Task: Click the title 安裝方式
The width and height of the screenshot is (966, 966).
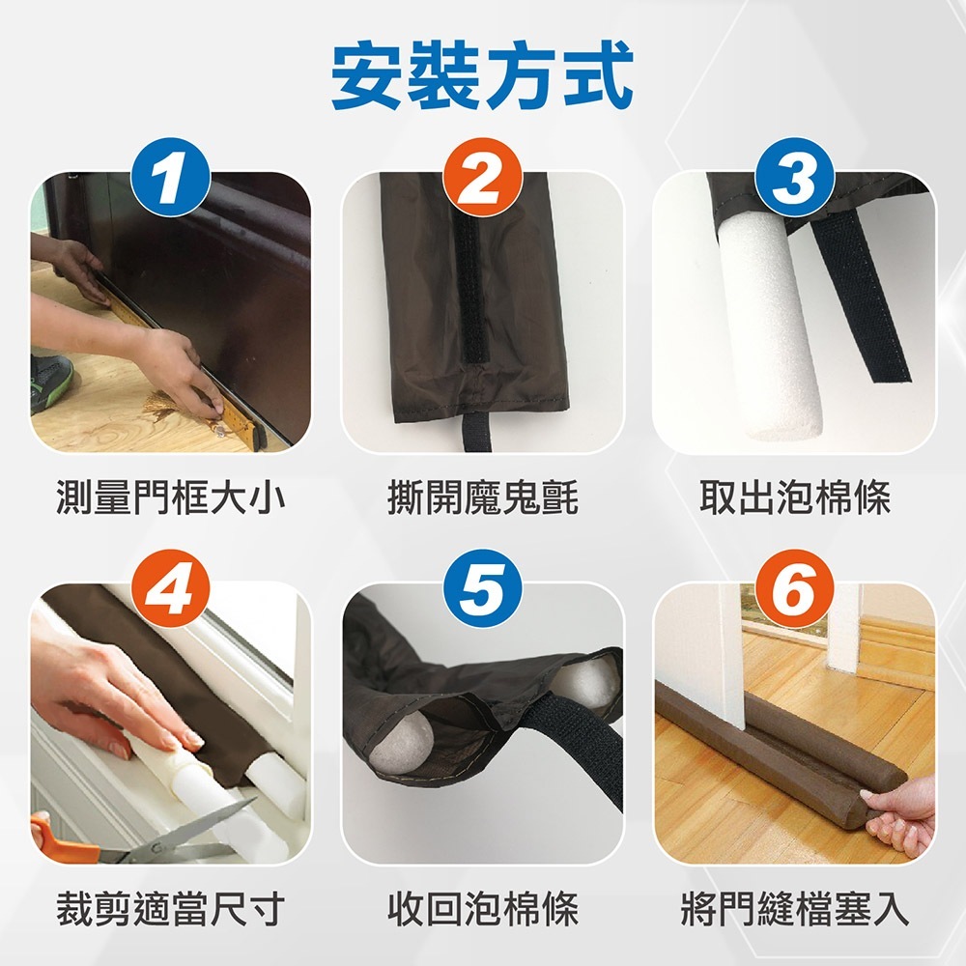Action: click(482, 74)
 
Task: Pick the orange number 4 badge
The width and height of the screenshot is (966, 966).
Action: click(171, 589)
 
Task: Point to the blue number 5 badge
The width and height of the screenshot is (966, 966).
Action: click(482, 589)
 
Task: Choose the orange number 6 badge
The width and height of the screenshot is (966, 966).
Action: click(794, 589)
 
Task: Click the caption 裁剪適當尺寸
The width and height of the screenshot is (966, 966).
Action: click(171, 909)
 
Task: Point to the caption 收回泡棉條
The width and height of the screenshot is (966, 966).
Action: click(482, 909)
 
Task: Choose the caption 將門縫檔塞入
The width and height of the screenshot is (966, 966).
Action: click(795, 909)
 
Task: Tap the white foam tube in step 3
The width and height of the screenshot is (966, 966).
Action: click(766, 327)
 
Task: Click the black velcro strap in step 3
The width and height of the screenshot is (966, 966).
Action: click(860, 297)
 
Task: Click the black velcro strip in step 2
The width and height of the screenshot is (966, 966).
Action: click(469, 290)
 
